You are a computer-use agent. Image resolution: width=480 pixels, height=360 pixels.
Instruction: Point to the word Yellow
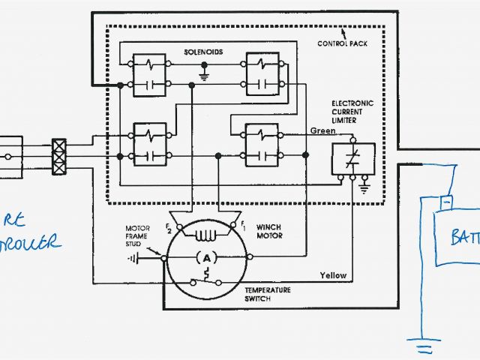[333, 275]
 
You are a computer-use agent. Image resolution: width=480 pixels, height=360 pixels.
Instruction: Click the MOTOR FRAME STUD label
[141, 235]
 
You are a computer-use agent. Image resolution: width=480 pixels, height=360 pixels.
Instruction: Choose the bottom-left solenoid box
[148, 142]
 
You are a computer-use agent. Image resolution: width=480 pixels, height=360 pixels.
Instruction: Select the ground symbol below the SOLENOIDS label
[205, 73]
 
